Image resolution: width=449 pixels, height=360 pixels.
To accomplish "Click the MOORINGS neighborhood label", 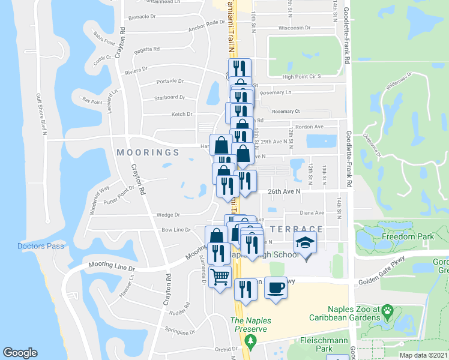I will tap(148, 152).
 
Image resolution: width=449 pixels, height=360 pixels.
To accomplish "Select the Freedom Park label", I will tap(408, 237).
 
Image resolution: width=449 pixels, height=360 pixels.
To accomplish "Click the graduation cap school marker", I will tap(305, 243).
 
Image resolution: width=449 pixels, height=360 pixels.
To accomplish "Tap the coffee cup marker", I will tap(276, 287).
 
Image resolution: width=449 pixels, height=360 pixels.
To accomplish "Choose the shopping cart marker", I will tap(220, 276).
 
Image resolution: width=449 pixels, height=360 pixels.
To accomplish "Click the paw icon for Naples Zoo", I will tap(388, 311).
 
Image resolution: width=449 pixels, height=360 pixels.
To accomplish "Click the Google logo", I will tap(20, 353).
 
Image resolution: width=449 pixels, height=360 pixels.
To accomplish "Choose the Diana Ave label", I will tap(312, 212).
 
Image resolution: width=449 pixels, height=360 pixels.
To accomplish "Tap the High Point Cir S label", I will tap(302, 76).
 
